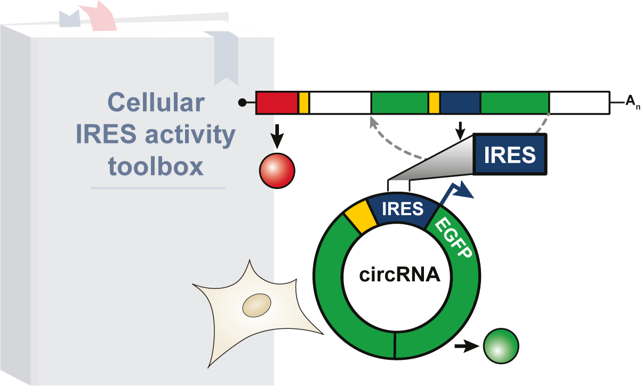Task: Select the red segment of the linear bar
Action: coord(277,103)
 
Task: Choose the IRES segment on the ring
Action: coord(403,208)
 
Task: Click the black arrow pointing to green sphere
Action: coord(465,346)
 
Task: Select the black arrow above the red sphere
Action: coord(277,140)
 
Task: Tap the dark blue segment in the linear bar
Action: coord(460,103)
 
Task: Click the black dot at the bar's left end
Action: coord(243,103)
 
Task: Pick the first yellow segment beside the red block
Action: coord(303,103)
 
